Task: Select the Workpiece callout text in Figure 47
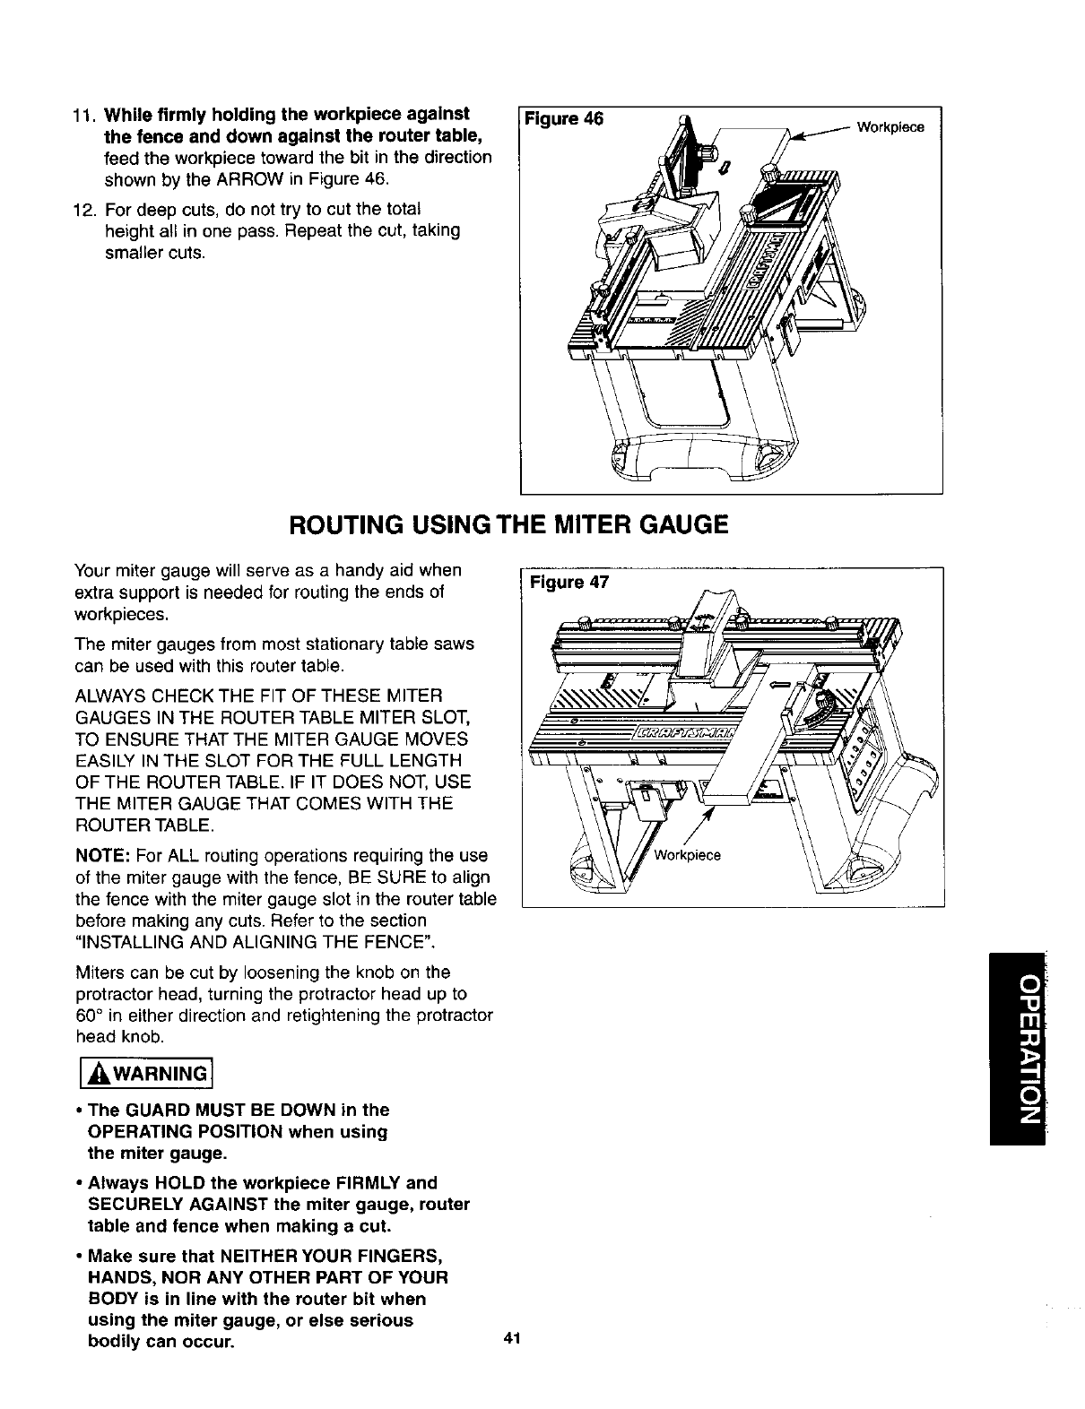pos(688,854)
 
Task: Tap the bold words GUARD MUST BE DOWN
pos(217,1111)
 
